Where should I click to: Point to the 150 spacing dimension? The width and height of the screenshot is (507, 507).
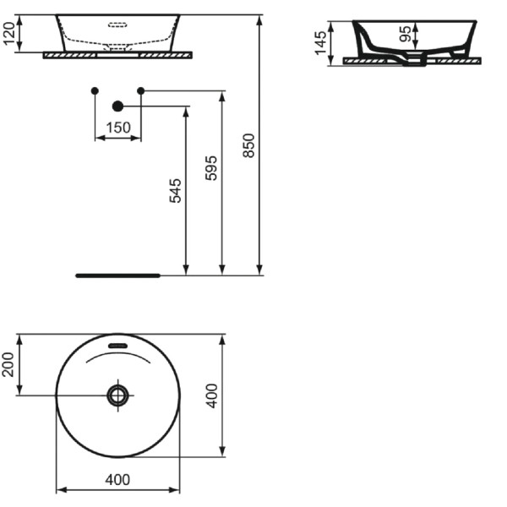click(x=118, y=128)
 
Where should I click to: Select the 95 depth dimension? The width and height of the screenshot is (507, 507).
click(x=405, y=35)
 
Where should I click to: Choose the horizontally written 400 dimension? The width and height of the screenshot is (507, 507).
click(x=117, y=480)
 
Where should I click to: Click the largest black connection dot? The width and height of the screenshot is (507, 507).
click(x=117, y=106)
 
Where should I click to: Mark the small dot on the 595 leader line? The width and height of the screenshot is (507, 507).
click(x=141, y=90)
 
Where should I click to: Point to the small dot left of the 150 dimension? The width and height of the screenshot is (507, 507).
click(x=95, y=90)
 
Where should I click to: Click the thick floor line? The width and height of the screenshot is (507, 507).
click(x=117, y=275)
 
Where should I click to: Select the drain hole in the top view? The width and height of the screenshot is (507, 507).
click(x=117, y=395)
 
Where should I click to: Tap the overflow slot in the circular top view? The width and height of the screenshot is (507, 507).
click(x=117, y=345)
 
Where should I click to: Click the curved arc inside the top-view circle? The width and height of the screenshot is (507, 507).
click(x=117, y=356)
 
